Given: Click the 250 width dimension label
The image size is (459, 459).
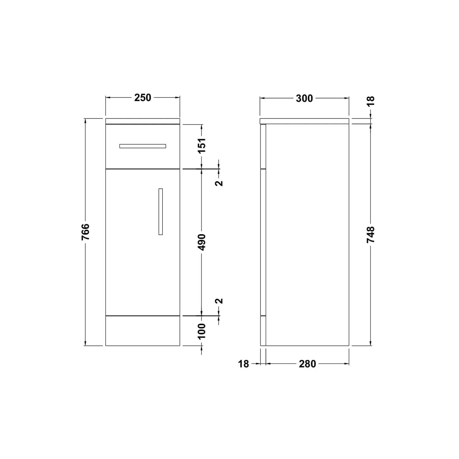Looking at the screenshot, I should [x=143, y=98].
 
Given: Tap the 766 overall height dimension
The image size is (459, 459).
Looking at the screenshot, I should [x=86, y=232].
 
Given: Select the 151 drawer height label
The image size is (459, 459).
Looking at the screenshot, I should [x=202, y=146].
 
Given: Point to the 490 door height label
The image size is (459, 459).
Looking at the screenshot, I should [x=202, y=242].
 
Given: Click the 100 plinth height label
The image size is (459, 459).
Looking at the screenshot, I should [x=202, y=331].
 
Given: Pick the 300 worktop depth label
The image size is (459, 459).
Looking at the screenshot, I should [x=304, y=99].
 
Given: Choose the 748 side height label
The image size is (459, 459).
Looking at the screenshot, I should [x=371, y=235].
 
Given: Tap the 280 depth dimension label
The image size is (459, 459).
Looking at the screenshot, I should [x=307, y=364].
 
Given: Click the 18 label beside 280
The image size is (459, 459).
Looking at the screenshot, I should [x=244, y=364].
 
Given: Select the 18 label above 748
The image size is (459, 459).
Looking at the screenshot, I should [x=371, y=101].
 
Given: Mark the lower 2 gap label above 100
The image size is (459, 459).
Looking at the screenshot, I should [x=219, y=301].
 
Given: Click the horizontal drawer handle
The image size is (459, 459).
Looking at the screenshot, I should [x=143, y=146].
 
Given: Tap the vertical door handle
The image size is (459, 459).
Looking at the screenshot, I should [x=161, y=211].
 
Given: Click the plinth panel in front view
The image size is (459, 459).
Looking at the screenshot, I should [x=143, y=331].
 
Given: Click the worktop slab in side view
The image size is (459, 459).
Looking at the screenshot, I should [x=304, y=121].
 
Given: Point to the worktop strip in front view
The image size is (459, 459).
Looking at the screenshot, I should [x=143, y=121].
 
